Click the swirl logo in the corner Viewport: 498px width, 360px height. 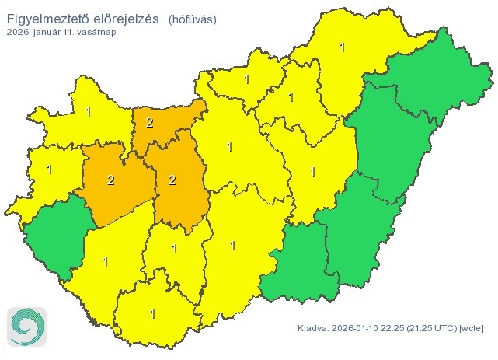coord(26,326)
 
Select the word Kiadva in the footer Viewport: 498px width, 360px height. coord(312,329)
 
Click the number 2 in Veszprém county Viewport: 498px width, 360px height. coord(110,180)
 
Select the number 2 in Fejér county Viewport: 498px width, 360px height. coord(171,180)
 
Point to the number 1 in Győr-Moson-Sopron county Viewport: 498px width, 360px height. coord(88,112)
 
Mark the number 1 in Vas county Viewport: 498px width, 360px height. coord(49,169)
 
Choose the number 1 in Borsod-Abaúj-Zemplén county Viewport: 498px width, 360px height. coord(342,47)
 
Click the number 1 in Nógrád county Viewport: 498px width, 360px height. coord(246,79)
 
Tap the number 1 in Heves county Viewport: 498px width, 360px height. coord(291,97)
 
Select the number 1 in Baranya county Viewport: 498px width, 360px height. coord(152,314)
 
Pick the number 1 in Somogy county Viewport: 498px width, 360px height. coord(105,261)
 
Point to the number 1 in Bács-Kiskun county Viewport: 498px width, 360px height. coord(232,246)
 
